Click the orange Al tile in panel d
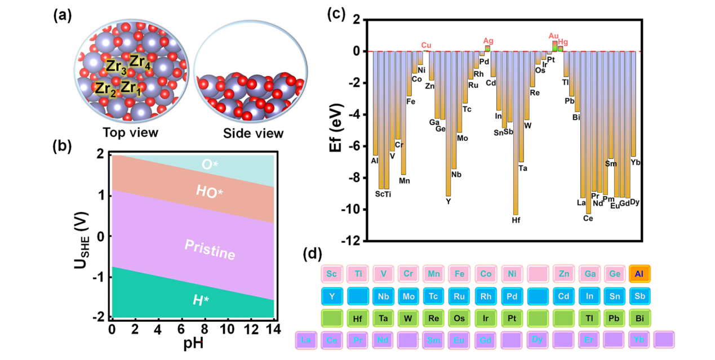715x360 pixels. (639, 274)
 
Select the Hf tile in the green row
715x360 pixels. (357, 318)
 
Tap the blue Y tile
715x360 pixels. (332, 296)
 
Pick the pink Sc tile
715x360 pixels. (332, 274)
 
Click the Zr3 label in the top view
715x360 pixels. (117, 66)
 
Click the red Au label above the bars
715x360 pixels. (554, 35)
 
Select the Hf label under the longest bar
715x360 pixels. (516, 220)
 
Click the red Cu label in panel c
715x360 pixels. (427, 45)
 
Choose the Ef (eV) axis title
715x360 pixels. (336, 129)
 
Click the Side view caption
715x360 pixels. (253, 133)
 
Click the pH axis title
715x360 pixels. (193, 343)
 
